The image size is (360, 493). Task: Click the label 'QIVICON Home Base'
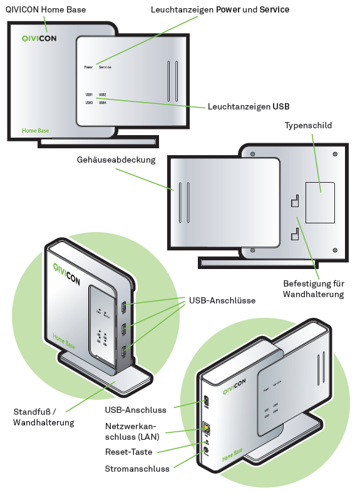(46, 9)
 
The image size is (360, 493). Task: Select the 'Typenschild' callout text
(308, 125)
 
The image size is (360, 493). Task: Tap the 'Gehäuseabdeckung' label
(116, 160)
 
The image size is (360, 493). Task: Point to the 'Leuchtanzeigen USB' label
(249, 107)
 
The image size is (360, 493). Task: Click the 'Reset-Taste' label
(128, 451)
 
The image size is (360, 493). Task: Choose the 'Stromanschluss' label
(137, 469)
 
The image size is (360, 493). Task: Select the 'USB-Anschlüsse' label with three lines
(222, 300)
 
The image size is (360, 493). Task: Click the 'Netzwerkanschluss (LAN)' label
(136, 431)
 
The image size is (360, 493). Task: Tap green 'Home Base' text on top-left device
(35, 131)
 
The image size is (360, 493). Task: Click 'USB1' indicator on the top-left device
(90, 94)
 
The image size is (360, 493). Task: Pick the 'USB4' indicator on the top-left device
(102, 102)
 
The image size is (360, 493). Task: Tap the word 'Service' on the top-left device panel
(105, 66)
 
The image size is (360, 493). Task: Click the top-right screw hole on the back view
(335, 154)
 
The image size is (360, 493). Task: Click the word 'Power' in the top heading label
(229, 10)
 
